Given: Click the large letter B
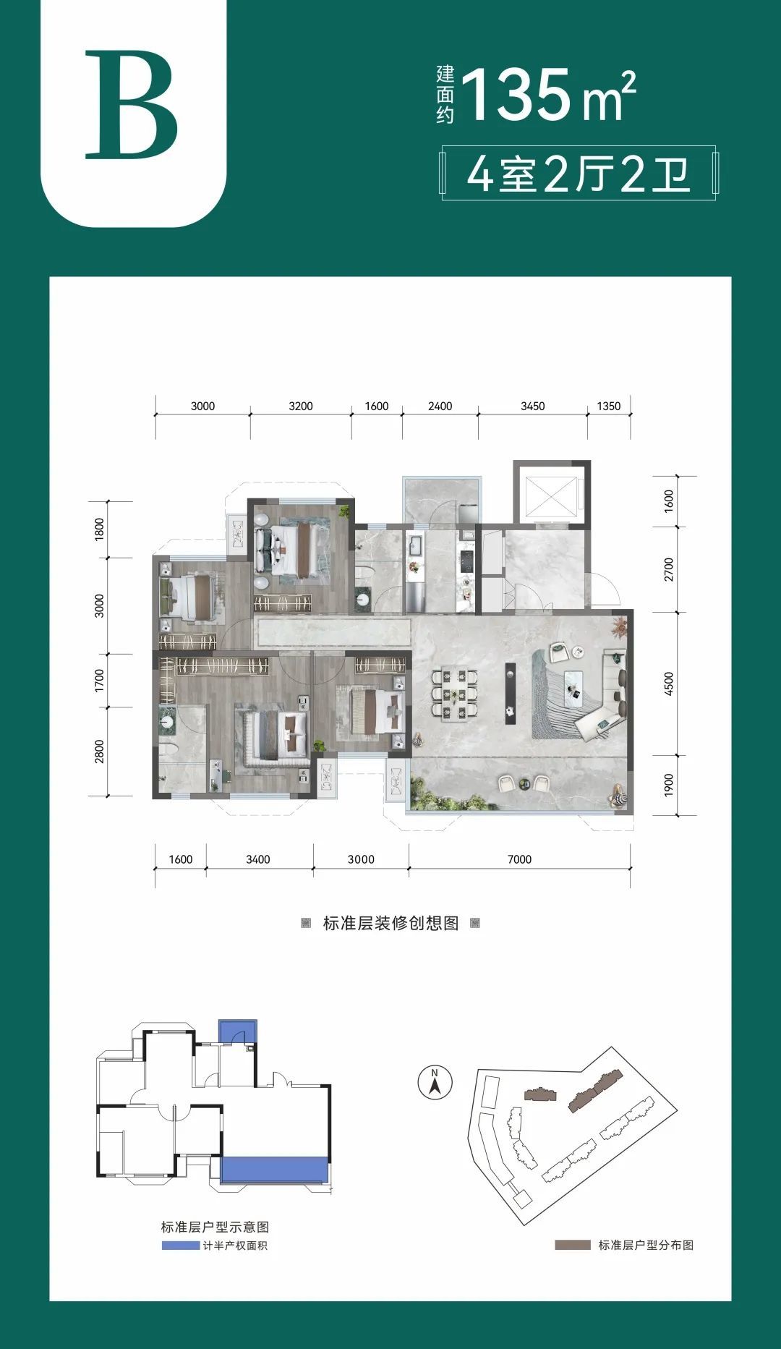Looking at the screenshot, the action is (131, 105).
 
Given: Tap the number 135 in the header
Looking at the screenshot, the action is (516, 95).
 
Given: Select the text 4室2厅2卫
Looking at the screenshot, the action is (579, 174).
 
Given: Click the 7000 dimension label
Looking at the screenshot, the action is (519, 859).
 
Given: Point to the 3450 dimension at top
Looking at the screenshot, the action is (532, 406).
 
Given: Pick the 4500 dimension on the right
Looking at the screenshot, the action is (668, 684).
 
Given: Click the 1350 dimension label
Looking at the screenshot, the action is (608, 406).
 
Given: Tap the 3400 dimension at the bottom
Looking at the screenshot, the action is (257, 859).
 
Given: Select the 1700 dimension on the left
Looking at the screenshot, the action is (99, 681).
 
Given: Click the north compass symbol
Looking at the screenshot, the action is (435, 1083).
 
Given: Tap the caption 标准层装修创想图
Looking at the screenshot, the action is (390, 923).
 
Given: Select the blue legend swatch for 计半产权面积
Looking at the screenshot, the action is (180, 1245).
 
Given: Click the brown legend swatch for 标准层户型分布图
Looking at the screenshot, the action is (573, 1245).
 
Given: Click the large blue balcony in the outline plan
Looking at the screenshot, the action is (275, 1170).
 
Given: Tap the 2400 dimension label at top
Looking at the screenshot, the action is (440, 406).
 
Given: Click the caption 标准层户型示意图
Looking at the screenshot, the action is (215, 1227).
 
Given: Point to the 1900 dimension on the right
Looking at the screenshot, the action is (668, 786).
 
